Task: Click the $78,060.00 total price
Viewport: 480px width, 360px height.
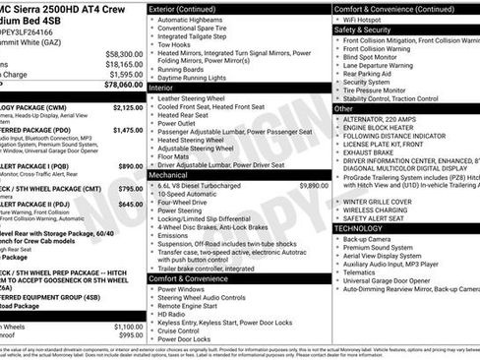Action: pos(123,85)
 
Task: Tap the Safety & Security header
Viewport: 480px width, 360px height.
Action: pos(363,30)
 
